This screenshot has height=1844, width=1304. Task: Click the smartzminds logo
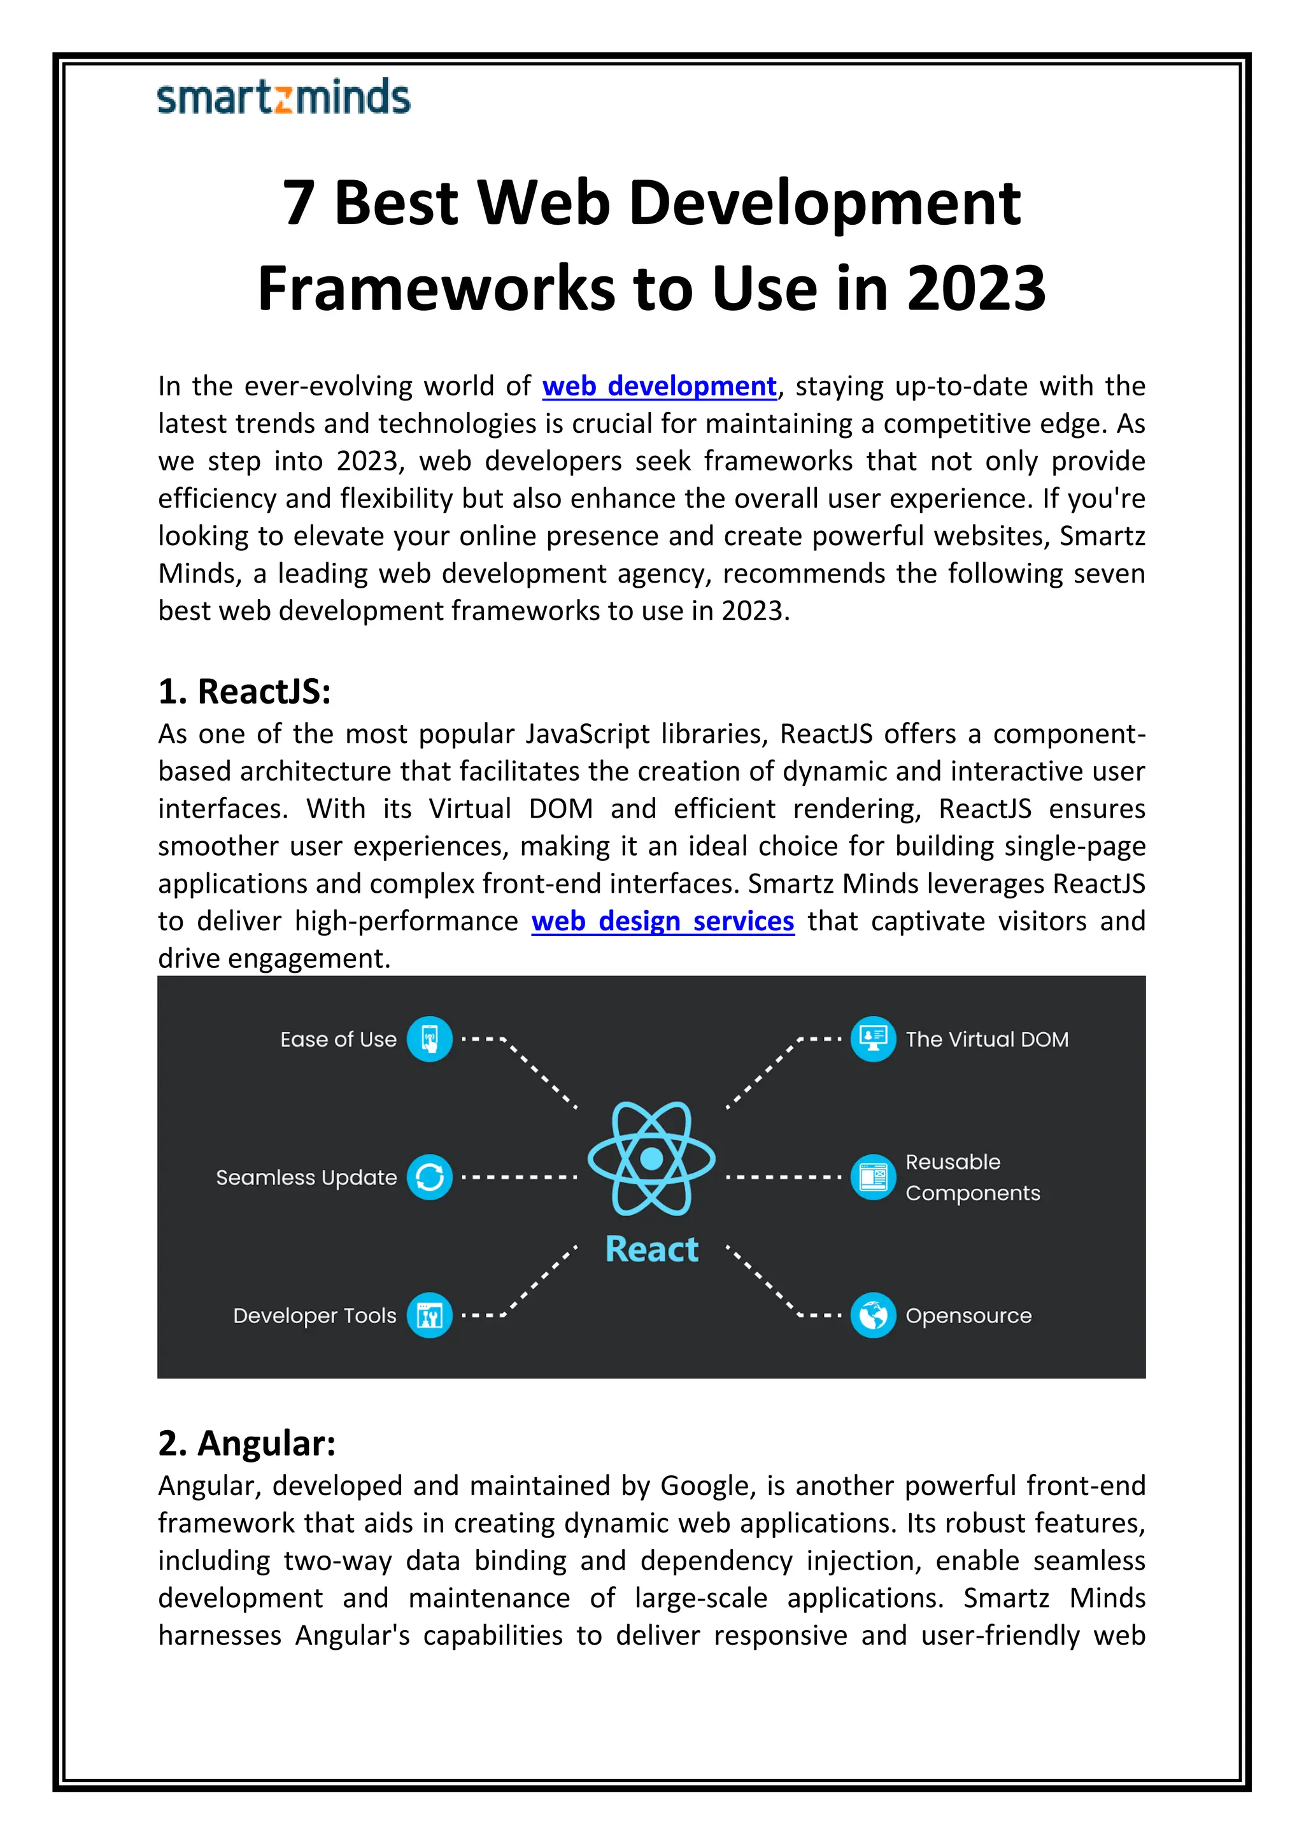click(x=283, y=97)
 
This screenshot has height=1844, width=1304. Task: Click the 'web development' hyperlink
click(x=659, y=387)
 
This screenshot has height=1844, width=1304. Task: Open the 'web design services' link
click(x=662, y=921)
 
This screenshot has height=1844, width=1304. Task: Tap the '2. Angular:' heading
click(x=246, y=1443)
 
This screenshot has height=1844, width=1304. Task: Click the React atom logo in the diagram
click(x=651, y=1158)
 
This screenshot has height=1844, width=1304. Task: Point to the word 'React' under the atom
click(x=651, y=1250)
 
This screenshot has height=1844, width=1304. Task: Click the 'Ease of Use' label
click(x=338, y=1039)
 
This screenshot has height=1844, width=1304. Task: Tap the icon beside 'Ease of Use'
click(x=430, y=1039)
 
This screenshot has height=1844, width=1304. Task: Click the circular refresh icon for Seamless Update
click(x=430, y=1177)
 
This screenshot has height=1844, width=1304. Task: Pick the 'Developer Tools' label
click(x=315, y=1316)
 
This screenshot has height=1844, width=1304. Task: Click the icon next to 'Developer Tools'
click(x=430, y=1316)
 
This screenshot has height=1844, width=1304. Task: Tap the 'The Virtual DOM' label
click(x=987, y=1039)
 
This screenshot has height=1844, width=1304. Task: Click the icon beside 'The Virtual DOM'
click(x=873, y=1039)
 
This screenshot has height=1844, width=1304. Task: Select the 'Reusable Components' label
click(x=972, y=1177)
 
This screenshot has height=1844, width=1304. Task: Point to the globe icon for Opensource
click(x=873, y=1316)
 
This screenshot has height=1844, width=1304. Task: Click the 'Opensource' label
click(x=968, y=1316)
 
